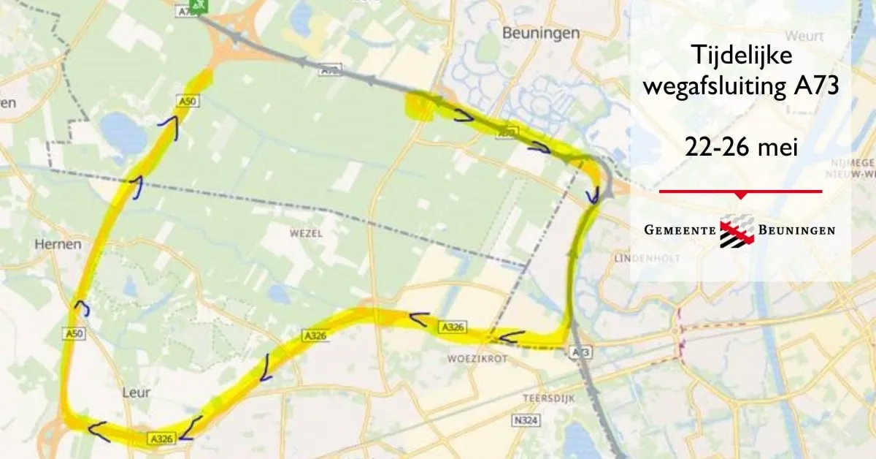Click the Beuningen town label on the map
(541, 33)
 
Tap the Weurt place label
(805, 36)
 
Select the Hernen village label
(58, 244)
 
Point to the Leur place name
(137, 392)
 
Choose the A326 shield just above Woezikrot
(452, 326)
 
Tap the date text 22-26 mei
(740, 146)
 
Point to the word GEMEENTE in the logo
(679, 230)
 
